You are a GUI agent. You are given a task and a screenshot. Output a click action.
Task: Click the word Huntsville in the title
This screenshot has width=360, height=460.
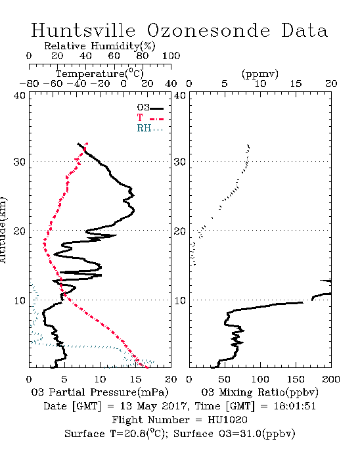[x=83, y=30]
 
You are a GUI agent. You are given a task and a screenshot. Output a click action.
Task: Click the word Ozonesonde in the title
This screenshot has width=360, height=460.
[x=208, y=30]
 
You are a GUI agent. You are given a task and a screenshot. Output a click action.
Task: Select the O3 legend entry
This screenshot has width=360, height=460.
[x=150, y=108]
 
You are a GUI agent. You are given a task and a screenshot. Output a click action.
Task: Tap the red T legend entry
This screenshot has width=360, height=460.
[x=150, y=118]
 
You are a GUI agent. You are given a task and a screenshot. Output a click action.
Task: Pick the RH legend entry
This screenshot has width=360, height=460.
[x=150, y=128]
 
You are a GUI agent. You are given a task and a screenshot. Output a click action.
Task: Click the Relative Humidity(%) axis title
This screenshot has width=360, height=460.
[x=100, y=46]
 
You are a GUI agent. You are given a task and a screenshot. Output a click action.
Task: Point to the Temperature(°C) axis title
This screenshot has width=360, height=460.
[x=100, y=74]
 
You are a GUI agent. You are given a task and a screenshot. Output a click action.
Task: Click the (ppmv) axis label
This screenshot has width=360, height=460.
[x=260, y=74]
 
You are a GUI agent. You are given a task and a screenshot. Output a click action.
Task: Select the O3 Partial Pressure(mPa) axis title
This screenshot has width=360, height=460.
[x=100, y=392]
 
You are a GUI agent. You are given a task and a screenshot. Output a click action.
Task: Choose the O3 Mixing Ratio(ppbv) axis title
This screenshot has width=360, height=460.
[x=259, y=392]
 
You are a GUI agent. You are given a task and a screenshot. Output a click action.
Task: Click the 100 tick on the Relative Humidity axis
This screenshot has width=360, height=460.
[x=171, y=56]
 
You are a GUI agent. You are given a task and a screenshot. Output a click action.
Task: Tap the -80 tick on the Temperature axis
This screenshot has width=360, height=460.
[x=29, y=84]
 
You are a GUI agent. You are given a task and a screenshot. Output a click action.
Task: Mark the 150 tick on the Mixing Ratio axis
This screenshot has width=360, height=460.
[x=296, y=379]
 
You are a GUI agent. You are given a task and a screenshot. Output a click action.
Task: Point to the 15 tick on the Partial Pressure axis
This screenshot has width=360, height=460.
[x=135, y=379]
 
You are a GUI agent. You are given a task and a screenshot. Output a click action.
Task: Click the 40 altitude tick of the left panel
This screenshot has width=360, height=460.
[x=20, y=95]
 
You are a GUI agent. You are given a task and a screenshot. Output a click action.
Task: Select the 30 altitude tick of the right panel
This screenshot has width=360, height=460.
[x=180, y=162]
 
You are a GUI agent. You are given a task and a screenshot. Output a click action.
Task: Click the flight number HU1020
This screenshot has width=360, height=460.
[x=227, y=420]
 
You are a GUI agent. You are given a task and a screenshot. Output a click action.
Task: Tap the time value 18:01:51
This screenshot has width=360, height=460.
[x=294, y=406]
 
